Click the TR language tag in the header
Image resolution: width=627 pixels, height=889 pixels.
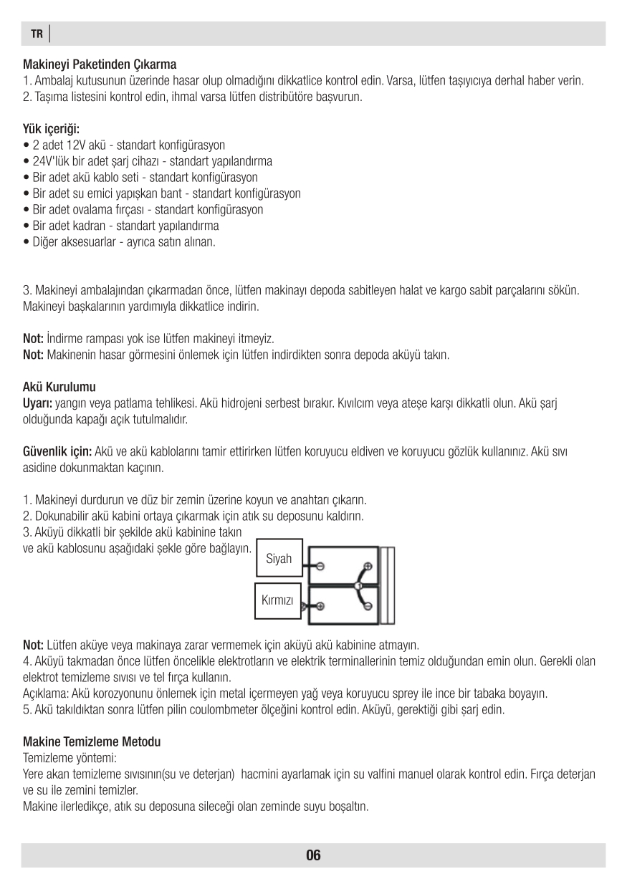37,34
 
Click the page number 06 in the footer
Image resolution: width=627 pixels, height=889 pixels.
313,855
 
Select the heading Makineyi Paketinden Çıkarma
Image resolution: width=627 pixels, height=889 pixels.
100,65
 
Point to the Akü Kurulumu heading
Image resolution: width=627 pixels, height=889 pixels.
59,388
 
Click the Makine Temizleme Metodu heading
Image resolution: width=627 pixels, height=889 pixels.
92,741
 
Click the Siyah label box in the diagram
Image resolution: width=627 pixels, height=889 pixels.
279,558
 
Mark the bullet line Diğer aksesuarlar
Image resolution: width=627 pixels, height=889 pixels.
119,242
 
